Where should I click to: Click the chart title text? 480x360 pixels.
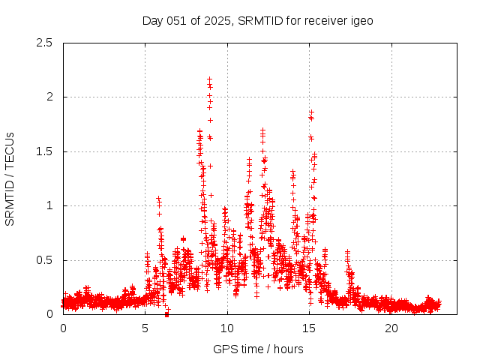point(257,20)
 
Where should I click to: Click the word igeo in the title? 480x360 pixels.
point(361,20)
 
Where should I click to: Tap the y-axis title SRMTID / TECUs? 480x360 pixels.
point(10,178)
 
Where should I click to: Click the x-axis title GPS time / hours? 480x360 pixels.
point(258,349)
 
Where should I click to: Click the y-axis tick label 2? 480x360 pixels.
point(50,97)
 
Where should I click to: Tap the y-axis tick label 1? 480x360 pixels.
point(50,205)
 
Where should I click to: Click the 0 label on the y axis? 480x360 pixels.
point(50,314)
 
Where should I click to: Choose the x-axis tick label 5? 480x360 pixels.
point(145,328)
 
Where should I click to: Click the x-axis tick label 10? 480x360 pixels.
point(227,328)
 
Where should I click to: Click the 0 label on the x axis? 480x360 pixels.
point(63,328)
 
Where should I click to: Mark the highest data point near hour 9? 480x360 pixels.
point(209,79)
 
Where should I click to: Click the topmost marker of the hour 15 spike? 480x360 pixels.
point(311,112)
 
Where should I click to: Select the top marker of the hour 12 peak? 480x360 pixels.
point(262,130)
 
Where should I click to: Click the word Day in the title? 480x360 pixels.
point(152,20)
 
